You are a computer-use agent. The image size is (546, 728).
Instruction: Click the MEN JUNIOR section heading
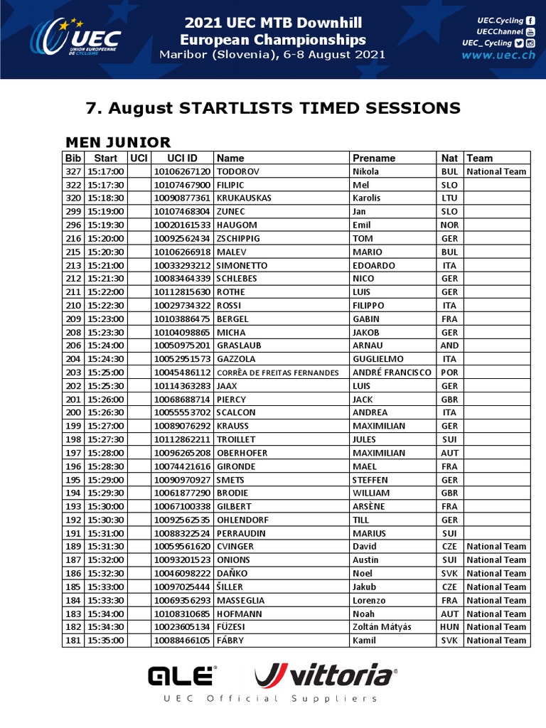click(x=118, y=142)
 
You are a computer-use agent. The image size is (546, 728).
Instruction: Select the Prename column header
click(x=374, y=158)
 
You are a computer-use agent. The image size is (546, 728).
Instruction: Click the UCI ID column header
click(x=182, y=158)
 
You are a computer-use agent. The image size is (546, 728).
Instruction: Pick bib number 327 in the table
click(x=73, y=171)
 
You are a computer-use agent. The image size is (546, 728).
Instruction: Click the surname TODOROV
click(x=238, y=171)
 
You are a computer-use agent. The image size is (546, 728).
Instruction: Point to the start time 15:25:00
click(x=106, y=373)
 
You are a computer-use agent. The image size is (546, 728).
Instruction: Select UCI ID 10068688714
click(x=182, y=400)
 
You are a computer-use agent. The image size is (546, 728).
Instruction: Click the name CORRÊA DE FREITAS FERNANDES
click(x=278, y=373)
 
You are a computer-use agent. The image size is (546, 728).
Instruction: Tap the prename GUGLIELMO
click(x=378, y=359)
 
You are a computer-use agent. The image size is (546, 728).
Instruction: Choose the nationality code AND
click(x=449, y=346)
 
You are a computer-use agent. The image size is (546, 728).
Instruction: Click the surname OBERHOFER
click(x=245, y=453)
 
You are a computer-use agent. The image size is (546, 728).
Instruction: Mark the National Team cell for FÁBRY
click(x=496, y=641)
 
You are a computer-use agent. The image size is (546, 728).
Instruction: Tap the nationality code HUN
click(x=449, y=627)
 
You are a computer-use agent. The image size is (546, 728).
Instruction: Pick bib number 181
click(x=73, y=641)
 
